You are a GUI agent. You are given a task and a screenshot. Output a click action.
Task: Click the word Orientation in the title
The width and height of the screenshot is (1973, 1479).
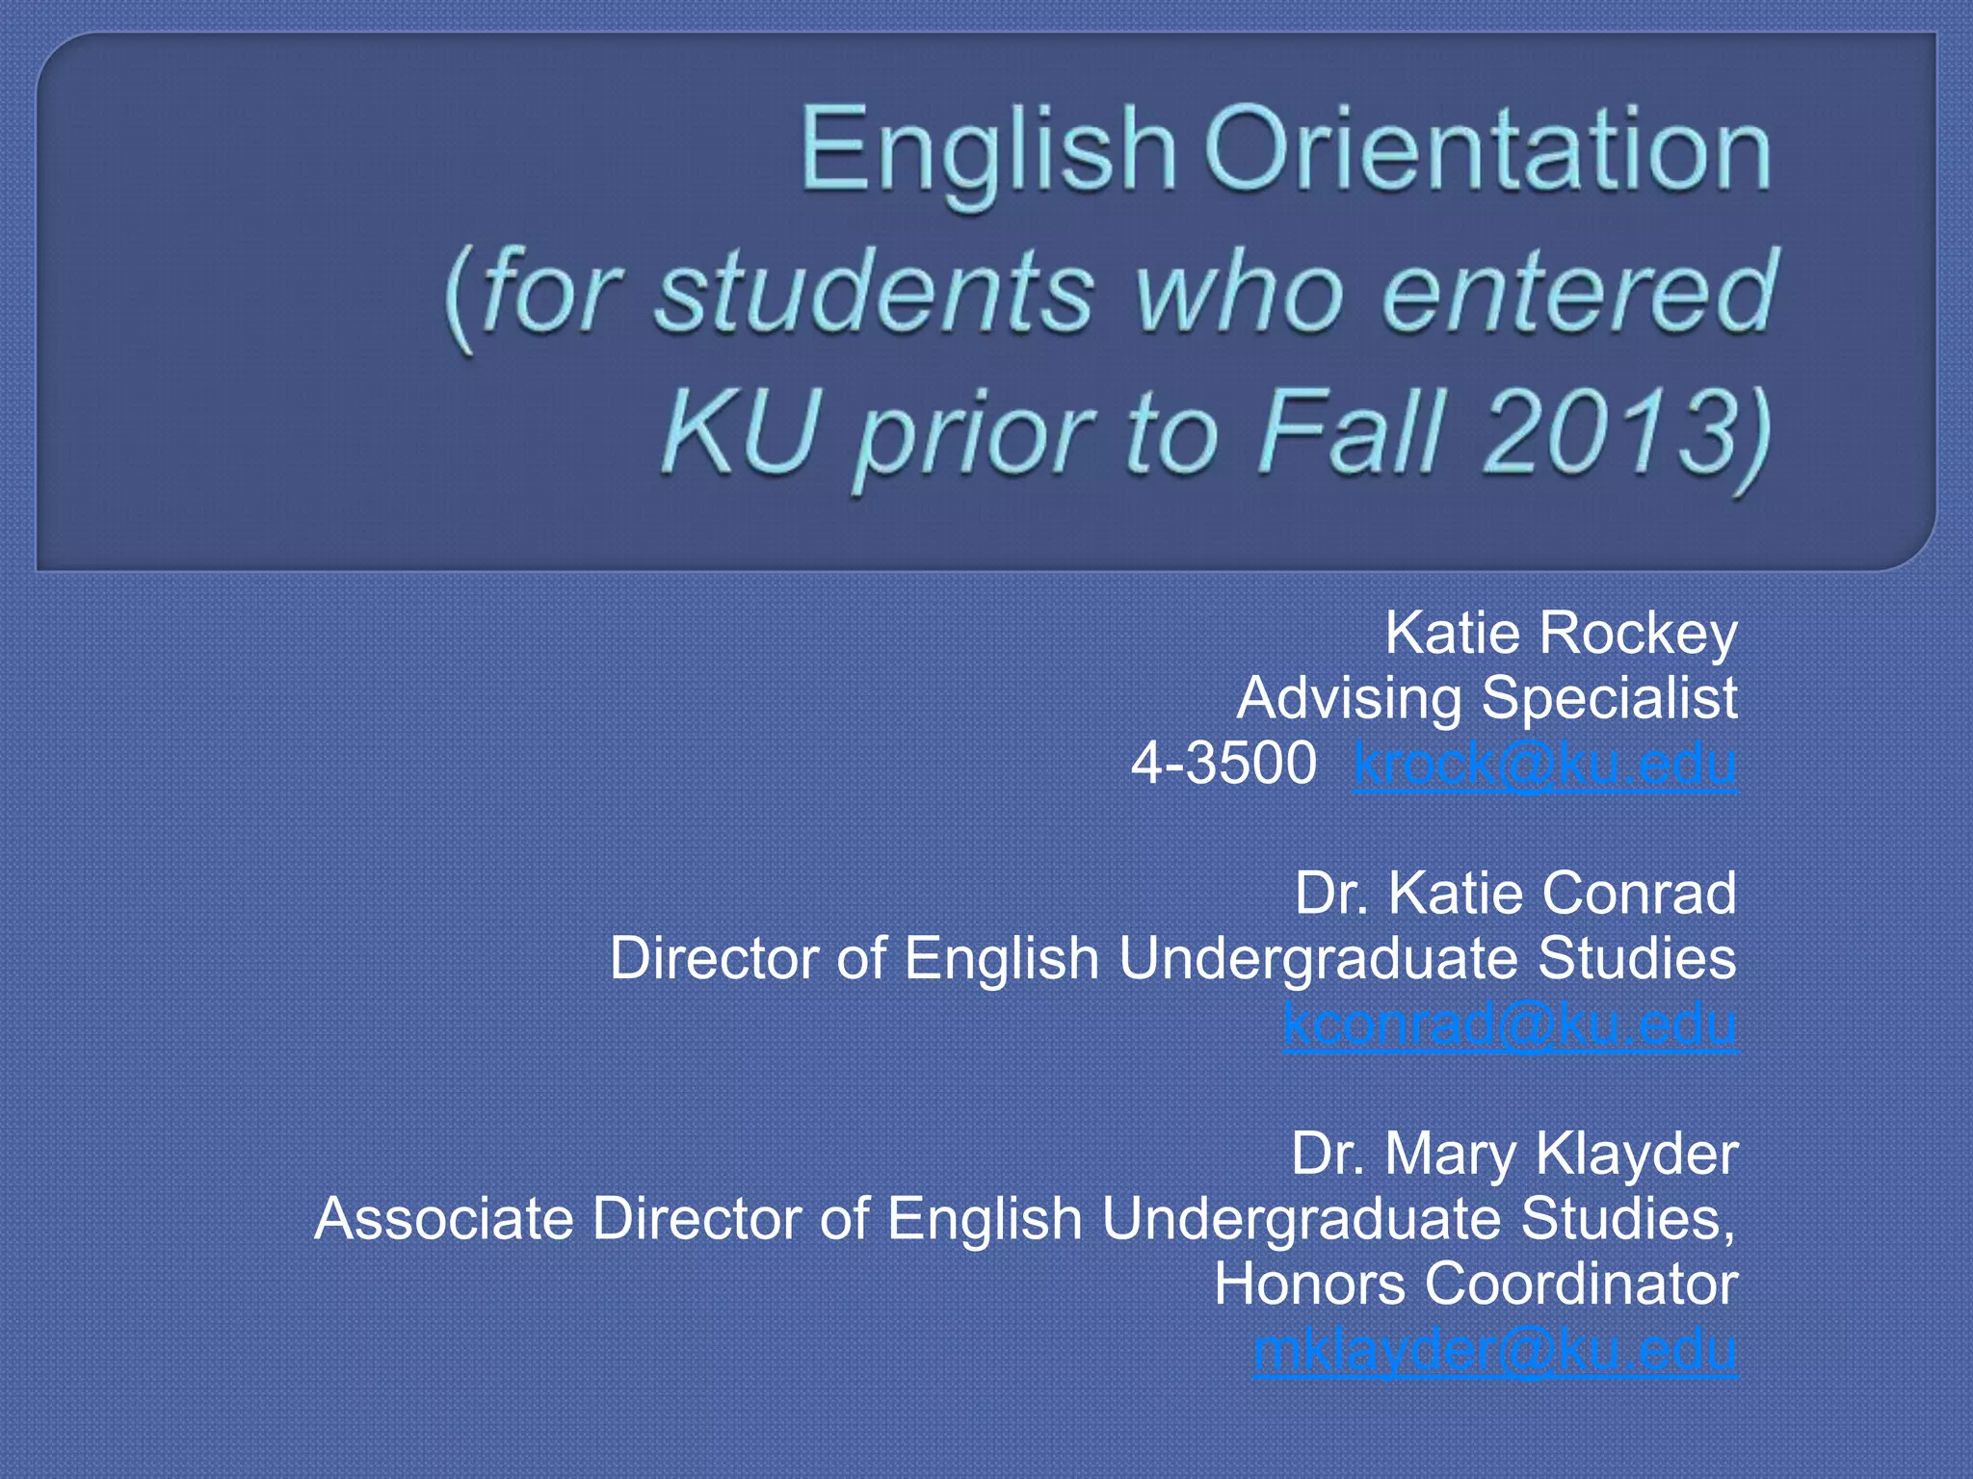click(1487, 151)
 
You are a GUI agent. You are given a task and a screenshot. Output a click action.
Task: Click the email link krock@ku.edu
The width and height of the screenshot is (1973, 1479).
click(1545, 765)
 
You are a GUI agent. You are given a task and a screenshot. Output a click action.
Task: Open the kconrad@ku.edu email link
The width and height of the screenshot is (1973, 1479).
click(1510, 1024)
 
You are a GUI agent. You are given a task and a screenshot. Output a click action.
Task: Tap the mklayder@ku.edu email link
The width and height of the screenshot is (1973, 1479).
click(1495, 1349)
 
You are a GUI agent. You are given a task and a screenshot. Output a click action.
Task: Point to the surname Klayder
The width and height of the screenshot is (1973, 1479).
click(1637, 1154)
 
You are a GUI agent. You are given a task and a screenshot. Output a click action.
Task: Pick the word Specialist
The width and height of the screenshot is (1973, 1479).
click(1610, 698)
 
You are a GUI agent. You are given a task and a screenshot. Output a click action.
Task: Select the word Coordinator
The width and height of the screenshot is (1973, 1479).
click(1581, 1284)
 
